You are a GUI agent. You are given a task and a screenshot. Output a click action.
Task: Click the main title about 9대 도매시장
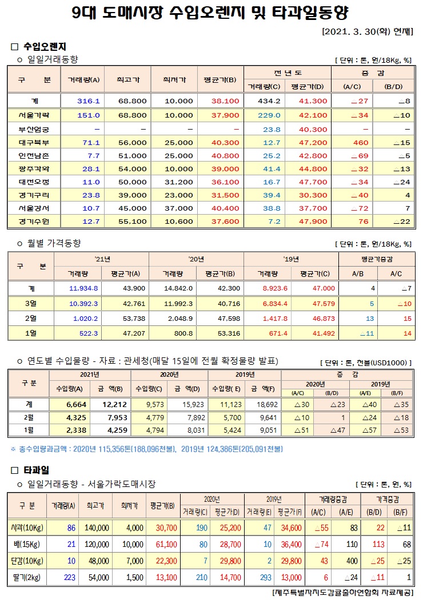[211, 12]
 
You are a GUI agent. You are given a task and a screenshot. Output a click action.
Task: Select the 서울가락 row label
[34, 115]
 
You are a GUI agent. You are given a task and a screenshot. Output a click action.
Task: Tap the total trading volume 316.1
[89, 101]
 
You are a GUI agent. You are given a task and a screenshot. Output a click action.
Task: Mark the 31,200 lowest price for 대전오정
[178, 182]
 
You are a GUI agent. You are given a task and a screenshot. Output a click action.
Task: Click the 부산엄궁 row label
[34, 129]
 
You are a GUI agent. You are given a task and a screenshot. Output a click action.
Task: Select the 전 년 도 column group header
[288, 73]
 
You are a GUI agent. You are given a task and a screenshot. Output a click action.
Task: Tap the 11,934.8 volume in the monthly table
[83, 288]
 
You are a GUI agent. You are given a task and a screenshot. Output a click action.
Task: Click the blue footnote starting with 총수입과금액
[146, 449]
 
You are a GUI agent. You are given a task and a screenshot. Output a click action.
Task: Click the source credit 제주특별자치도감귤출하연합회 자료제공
[342, 592]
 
